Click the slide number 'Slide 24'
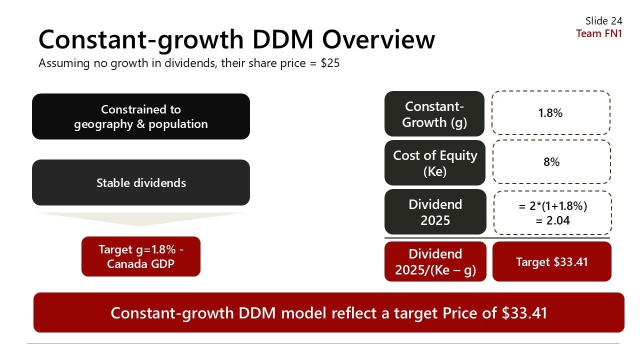(x=603, y=20)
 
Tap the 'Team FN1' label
(x=598, y=33)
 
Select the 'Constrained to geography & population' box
(x=140, y=116)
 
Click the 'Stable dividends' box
(x=140, y=182)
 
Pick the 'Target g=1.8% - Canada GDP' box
(x=140, y=256)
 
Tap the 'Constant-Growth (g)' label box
(x=434, y=114)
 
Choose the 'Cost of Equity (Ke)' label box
(x=435, y=163)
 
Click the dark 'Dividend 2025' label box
(x=435, y=212)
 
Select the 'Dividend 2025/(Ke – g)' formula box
(x=435, y=261)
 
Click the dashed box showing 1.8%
(x=550, y=113)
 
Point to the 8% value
(x=551, y=162)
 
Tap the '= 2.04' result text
(x=552, y=220)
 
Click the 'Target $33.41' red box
(x=551, y=261)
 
